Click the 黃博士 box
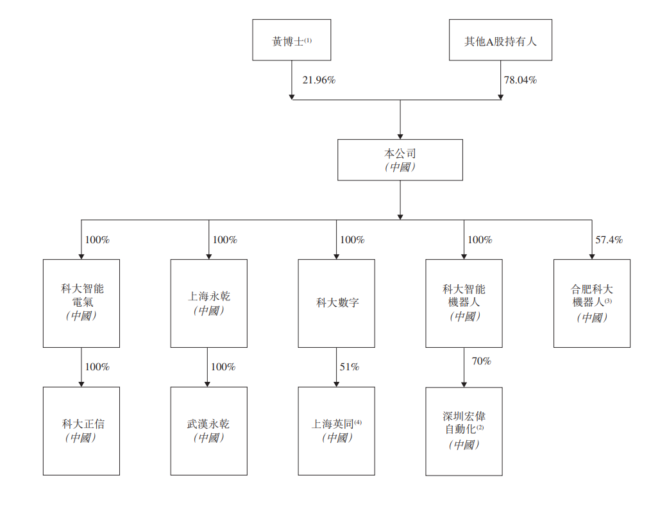pyautogui.click(x=291, y=40)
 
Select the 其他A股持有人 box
pyautogui.click(x=500, y=40)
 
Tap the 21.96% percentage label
pyautogui.click(x=319, y=80)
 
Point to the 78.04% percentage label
pyautogui.click(x=520, y=80)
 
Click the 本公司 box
pyautogui.click(x=400, y=160)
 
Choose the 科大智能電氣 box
pyautogui.click(x=81, y=304)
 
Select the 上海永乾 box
pyautogui.click(x=209, y=304)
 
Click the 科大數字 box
pyautogui.click(x=336, y=304)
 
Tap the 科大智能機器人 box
pyautogui.click(x=464, y=304)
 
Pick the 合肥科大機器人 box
pyautogui.click(x=591, y=304)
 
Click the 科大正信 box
pyautogui.click(x=81, y=431)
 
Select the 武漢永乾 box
pyautogui.click(x=209, y=431)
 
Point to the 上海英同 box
pyautogui.click(x=336, y=431)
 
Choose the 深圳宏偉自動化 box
pyautogui.click(x=464, y=431)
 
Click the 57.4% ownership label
pyautogui.click(x=609, y=240)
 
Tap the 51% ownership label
pyautogui.click(x=349, y=366)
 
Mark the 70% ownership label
pyautogui.click(x=481, y=361)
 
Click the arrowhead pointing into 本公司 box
pyautogui.click(x=400, y=137)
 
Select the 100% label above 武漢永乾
pyautogui.click(x=223, y=366)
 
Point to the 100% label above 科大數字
pyautogui.click(x=352, y=240)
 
